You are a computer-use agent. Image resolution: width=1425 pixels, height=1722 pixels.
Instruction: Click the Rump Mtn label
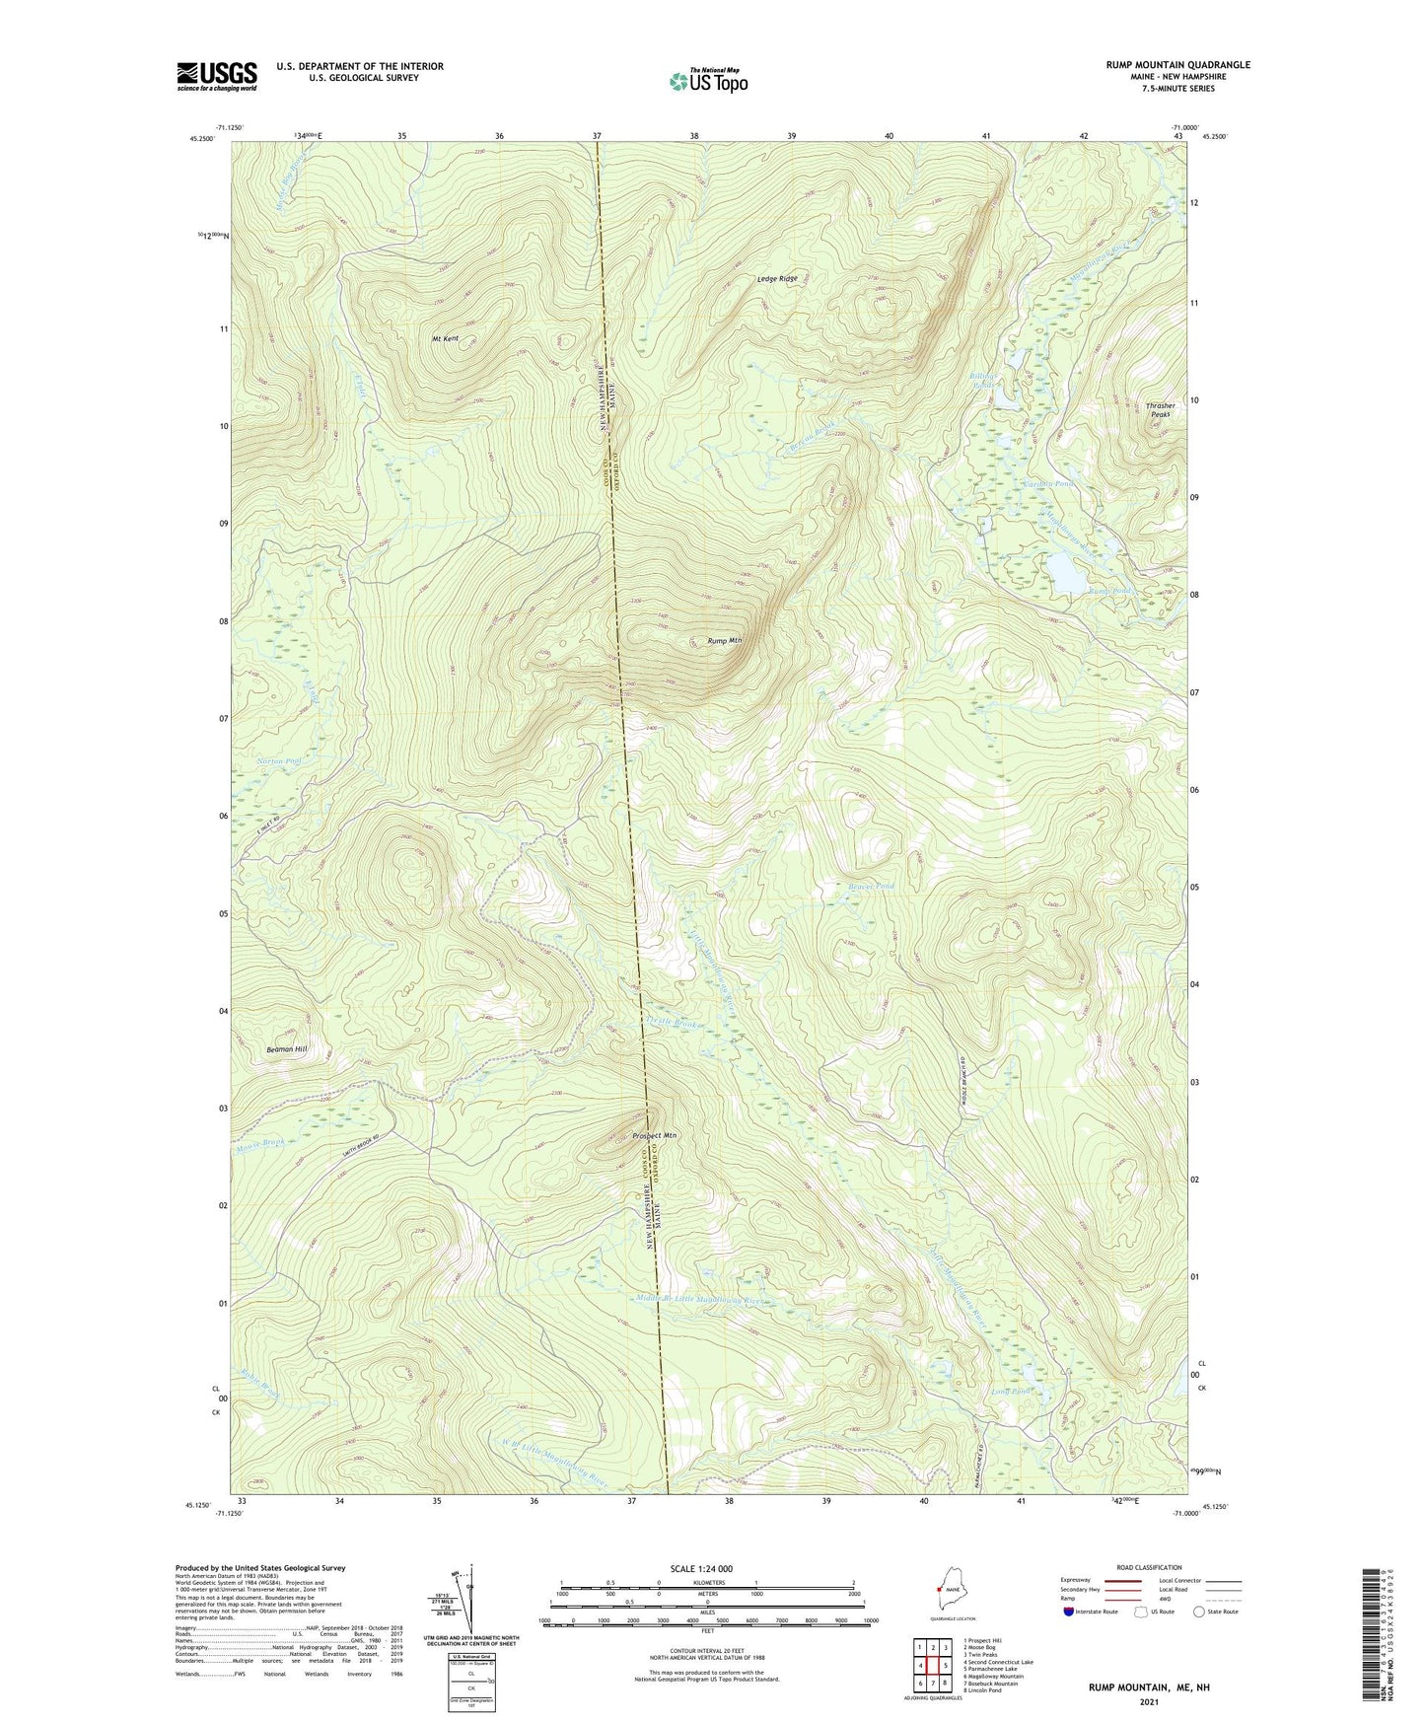(724, 641)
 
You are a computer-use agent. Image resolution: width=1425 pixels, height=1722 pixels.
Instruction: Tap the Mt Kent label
(446, 338)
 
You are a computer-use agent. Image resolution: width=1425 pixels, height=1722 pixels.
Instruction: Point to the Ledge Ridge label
(777, 279)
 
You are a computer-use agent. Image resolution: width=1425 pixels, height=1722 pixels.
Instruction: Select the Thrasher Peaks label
(1160, 410)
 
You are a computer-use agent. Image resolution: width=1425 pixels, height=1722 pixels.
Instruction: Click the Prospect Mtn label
(655, 1136)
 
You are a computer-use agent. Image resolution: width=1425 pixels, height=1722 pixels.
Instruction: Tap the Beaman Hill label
(287, 1049)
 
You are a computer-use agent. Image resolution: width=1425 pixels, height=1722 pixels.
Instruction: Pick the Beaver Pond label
(871, 887)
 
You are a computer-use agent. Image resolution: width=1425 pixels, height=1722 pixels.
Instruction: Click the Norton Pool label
(278, 761)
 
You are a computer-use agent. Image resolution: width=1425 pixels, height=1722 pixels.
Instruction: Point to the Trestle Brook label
(674, 1023)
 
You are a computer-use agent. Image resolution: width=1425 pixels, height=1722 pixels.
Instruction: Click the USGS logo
(217, 76)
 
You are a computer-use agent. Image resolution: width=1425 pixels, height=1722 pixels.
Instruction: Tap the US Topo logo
(707, 81)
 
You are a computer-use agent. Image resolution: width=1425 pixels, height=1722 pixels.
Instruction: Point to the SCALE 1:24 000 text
(703, 1568)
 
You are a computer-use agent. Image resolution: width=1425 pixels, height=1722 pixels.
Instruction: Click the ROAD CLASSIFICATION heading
(1148, 1567)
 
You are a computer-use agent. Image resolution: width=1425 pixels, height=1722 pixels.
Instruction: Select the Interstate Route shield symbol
(1069, 1612)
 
